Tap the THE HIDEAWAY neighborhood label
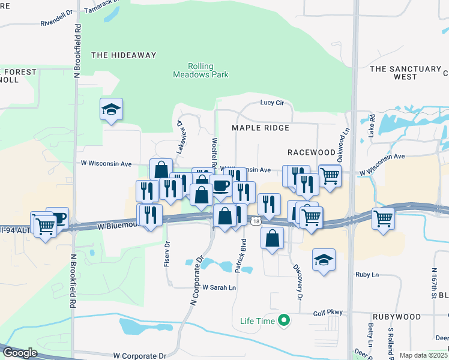tap(124, 55)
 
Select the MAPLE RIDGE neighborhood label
tap(261, 128)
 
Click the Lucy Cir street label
tap(271, 103)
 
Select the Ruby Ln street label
tap(367, 274)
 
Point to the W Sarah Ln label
tap(219, 288)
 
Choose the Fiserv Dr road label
tap(167, 255)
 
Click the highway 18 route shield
tap(256, 221)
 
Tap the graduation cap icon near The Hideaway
tap(111, 109)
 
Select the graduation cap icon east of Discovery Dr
tap(324, 259)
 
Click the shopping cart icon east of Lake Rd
tap(383, 218)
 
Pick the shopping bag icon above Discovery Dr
tap(272, 238)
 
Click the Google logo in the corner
tap(20, 353)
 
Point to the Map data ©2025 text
tap(424, 355)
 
